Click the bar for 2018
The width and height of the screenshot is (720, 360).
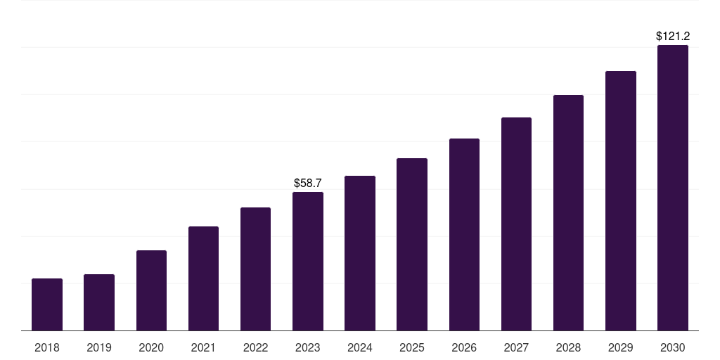(47, 304)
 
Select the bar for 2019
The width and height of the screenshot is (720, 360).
(99, 302)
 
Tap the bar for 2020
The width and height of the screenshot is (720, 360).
(151, 290)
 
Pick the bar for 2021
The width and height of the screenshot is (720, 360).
(203, 278)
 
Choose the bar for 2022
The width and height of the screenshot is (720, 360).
(255, 269)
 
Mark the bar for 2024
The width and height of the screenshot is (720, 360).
(360, 253)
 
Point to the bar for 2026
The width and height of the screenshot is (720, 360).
(464, 234)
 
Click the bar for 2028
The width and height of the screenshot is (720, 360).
(568, 212)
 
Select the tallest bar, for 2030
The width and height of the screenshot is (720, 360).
(673, 188)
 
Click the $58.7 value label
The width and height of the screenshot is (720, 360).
(308, 184)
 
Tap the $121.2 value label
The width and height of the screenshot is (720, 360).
(673, 36)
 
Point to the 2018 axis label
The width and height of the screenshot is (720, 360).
(47, 347)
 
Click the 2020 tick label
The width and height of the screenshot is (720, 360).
(151, 347)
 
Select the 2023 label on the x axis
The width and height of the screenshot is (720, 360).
(308, 347)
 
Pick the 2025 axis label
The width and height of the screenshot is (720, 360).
(412, 347)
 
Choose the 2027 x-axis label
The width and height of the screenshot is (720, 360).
(516, 347)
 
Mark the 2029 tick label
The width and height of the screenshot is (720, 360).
(621, 347)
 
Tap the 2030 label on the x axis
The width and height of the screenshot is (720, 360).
(673, 347)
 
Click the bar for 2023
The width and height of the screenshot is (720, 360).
(308, 261)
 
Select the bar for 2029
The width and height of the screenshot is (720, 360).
(621, 200)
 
